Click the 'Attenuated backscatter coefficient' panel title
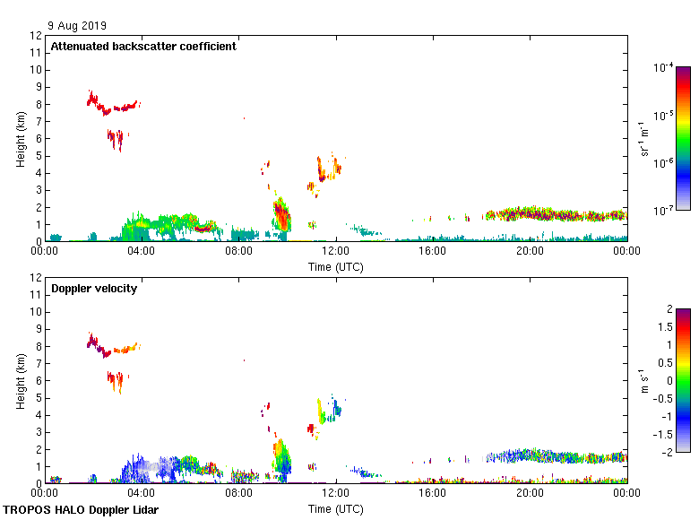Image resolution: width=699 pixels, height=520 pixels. point(143,47)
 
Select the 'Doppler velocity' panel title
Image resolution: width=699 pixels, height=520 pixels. point(93,289)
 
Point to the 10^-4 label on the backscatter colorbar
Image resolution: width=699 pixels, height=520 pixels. point(664,67)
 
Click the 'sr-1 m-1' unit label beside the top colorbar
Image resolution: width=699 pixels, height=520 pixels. point(644,139)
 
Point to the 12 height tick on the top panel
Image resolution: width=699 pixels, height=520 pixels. point(36,36)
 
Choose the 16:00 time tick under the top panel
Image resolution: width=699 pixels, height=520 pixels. point(433,252)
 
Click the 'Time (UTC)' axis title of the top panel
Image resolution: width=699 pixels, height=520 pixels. point(336,266)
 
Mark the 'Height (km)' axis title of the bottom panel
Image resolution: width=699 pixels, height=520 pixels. point(21,380)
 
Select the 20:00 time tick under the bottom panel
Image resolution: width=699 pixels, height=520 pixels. point(530,494)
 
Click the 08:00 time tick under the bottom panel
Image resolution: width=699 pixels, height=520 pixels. point(238,494)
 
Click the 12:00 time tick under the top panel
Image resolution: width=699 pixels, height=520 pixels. point(336,252)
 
